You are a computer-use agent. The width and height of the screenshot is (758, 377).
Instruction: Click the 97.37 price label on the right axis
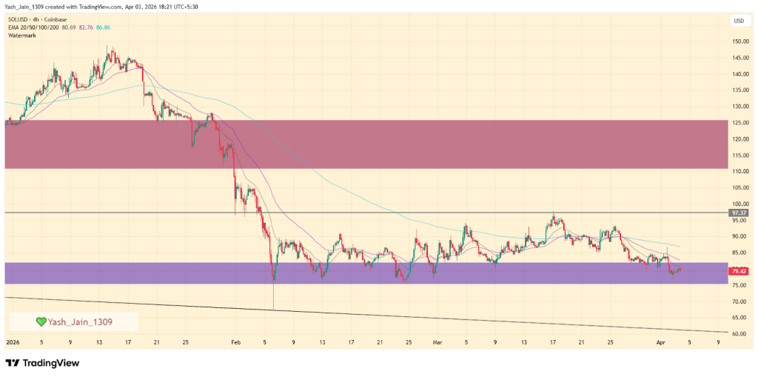click(737, 213)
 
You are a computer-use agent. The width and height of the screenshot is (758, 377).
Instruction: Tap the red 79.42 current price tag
click(737, 271)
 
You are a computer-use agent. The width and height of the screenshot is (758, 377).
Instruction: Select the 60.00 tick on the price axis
click(737, 334)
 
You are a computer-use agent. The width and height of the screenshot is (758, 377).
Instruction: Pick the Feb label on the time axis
click(235, 343)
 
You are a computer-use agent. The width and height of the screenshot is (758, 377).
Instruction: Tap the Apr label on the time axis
click(663, 343)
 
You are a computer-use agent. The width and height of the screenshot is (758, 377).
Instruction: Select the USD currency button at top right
click(738, 21)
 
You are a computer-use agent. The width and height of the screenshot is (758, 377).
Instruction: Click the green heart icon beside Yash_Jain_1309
click(41, 321)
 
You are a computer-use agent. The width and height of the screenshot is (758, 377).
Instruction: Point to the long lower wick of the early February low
click(273, 296)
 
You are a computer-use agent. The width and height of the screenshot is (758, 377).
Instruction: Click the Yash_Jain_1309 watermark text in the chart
click(79, 321)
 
